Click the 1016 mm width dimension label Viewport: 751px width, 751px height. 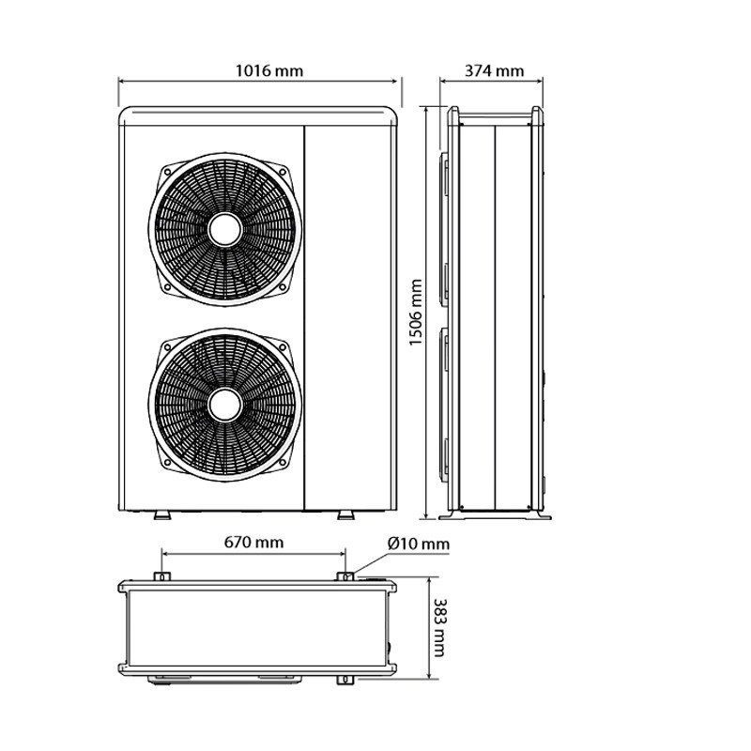click(269, 71)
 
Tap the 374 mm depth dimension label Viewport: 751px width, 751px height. click(495, 71)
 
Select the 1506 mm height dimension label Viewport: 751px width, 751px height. click(416, 313)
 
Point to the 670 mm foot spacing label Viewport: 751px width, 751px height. click(253, 543)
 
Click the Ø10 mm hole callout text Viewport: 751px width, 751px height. click(419, 544)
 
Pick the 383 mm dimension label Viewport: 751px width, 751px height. click(439, 627)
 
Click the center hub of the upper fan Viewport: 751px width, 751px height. click(225, 230)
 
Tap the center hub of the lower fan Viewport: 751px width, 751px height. click(225, 406)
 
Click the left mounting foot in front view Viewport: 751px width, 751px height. click(161, 514)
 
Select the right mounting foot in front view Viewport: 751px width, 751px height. click(345, 514)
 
